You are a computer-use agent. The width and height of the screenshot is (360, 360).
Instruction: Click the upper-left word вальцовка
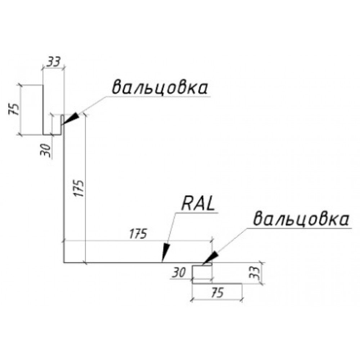click(x=160, y=87)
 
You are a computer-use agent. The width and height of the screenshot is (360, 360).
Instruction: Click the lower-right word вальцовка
click(x=301, y=219)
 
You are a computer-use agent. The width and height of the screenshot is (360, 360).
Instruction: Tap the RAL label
click(x=198, y=204)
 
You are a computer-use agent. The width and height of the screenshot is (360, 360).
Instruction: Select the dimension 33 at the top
click(x=54, y=62)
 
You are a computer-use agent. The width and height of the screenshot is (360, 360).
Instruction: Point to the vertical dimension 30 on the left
click(x=45, y=150)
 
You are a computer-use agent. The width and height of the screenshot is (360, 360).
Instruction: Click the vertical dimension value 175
click(x=79, y=188)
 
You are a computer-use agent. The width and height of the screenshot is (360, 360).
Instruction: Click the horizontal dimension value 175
click(x=138, y=234)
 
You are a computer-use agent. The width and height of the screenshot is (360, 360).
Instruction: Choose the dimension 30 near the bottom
click(x=179, y=273)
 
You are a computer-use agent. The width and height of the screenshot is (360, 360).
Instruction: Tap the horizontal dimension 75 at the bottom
click(x=217, y=293)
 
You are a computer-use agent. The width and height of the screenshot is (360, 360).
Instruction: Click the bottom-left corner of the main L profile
click(x=64, y=262)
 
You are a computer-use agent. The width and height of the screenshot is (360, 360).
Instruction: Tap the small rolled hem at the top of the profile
click(x=62, y=120)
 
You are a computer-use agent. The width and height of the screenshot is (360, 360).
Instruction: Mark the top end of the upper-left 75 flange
click(x=43, y=85)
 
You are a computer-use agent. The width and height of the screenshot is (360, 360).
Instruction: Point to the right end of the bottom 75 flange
click(x=242, y=284)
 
